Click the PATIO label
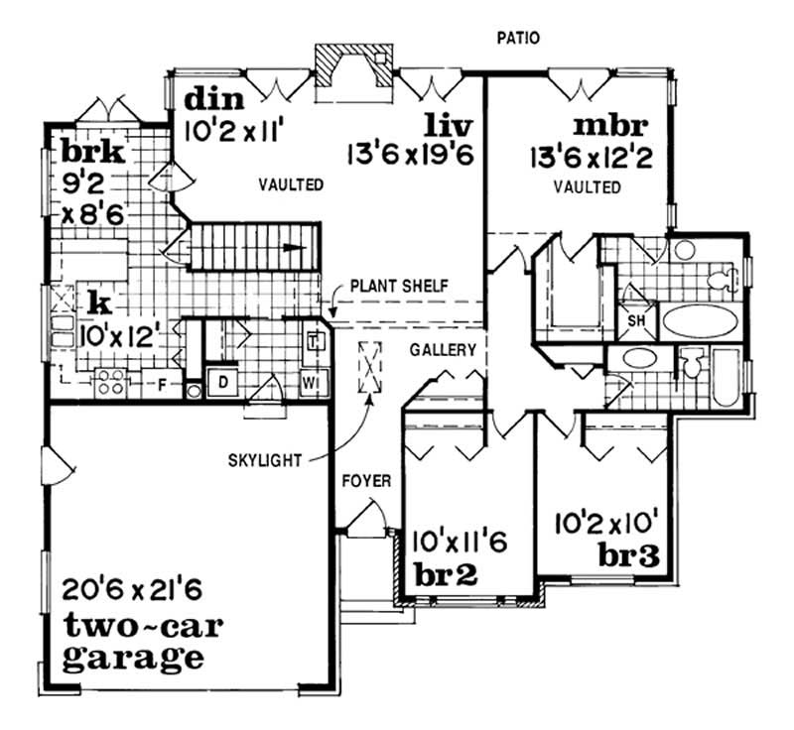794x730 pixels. (518, 39)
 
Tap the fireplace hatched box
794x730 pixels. (340, 71)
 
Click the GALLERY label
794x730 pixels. (443, 351)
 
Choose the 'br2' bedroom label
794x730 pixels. (447, 574)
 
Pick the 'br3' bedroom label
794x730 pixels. (630, 553)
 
